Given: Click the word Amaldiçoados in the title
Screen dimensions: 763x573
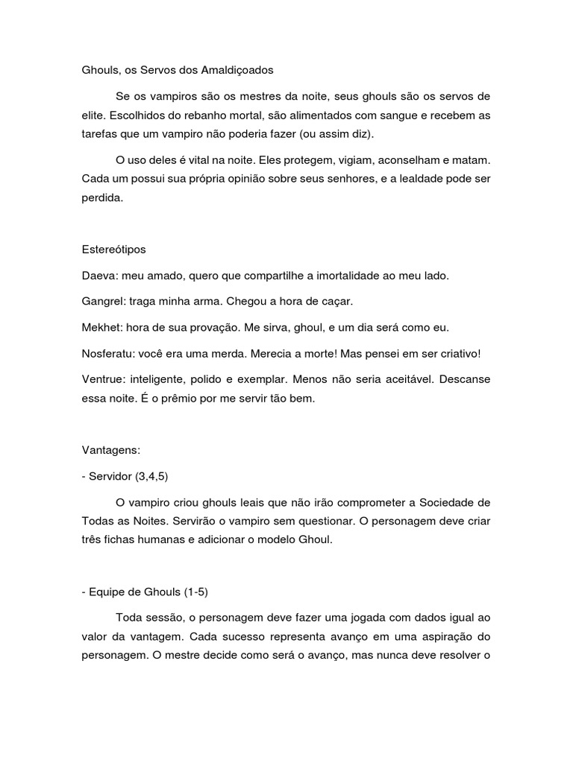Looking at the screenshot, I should (x=237, y=70).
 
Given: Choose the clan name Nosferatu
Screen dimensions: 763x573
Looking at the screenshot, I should (x=107, y=353).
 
